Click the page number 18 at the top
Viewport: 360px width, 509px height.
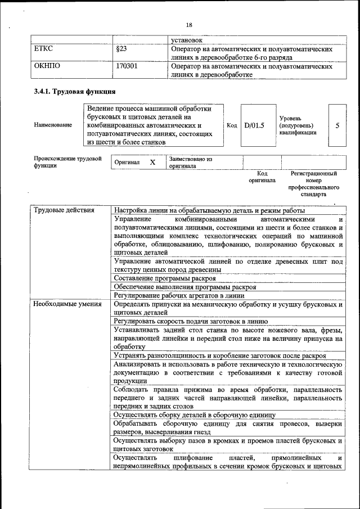[189, 25]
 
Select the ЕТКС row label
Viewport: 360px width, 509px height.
[43, 49]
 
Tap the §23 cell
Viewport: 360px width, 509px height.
[121, 49]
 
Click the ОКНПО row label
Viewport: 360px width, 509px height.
[47, 66]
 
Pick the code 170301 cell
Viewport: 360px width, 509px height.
[127, 66]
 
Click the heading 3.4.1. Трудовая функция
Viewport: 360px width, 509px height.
[75, 91]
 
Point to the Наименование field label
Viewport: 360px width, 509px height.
[53, 125]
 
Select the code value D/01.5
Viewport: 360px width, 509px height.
[254, 125]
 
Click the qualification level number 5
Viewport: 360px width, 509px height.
[337, 125]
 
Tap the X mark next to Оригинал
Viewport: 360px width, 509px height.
[152, 162]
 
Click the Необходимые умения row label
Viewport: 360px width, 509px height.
[67, 304]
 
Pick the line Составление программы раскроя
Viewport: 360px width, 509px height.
[164, 278]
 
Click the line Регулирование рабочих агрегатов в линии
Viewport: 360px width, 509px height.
[179, 295]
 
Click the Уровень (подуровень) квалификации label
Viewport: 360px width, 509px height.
[298, 125]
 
